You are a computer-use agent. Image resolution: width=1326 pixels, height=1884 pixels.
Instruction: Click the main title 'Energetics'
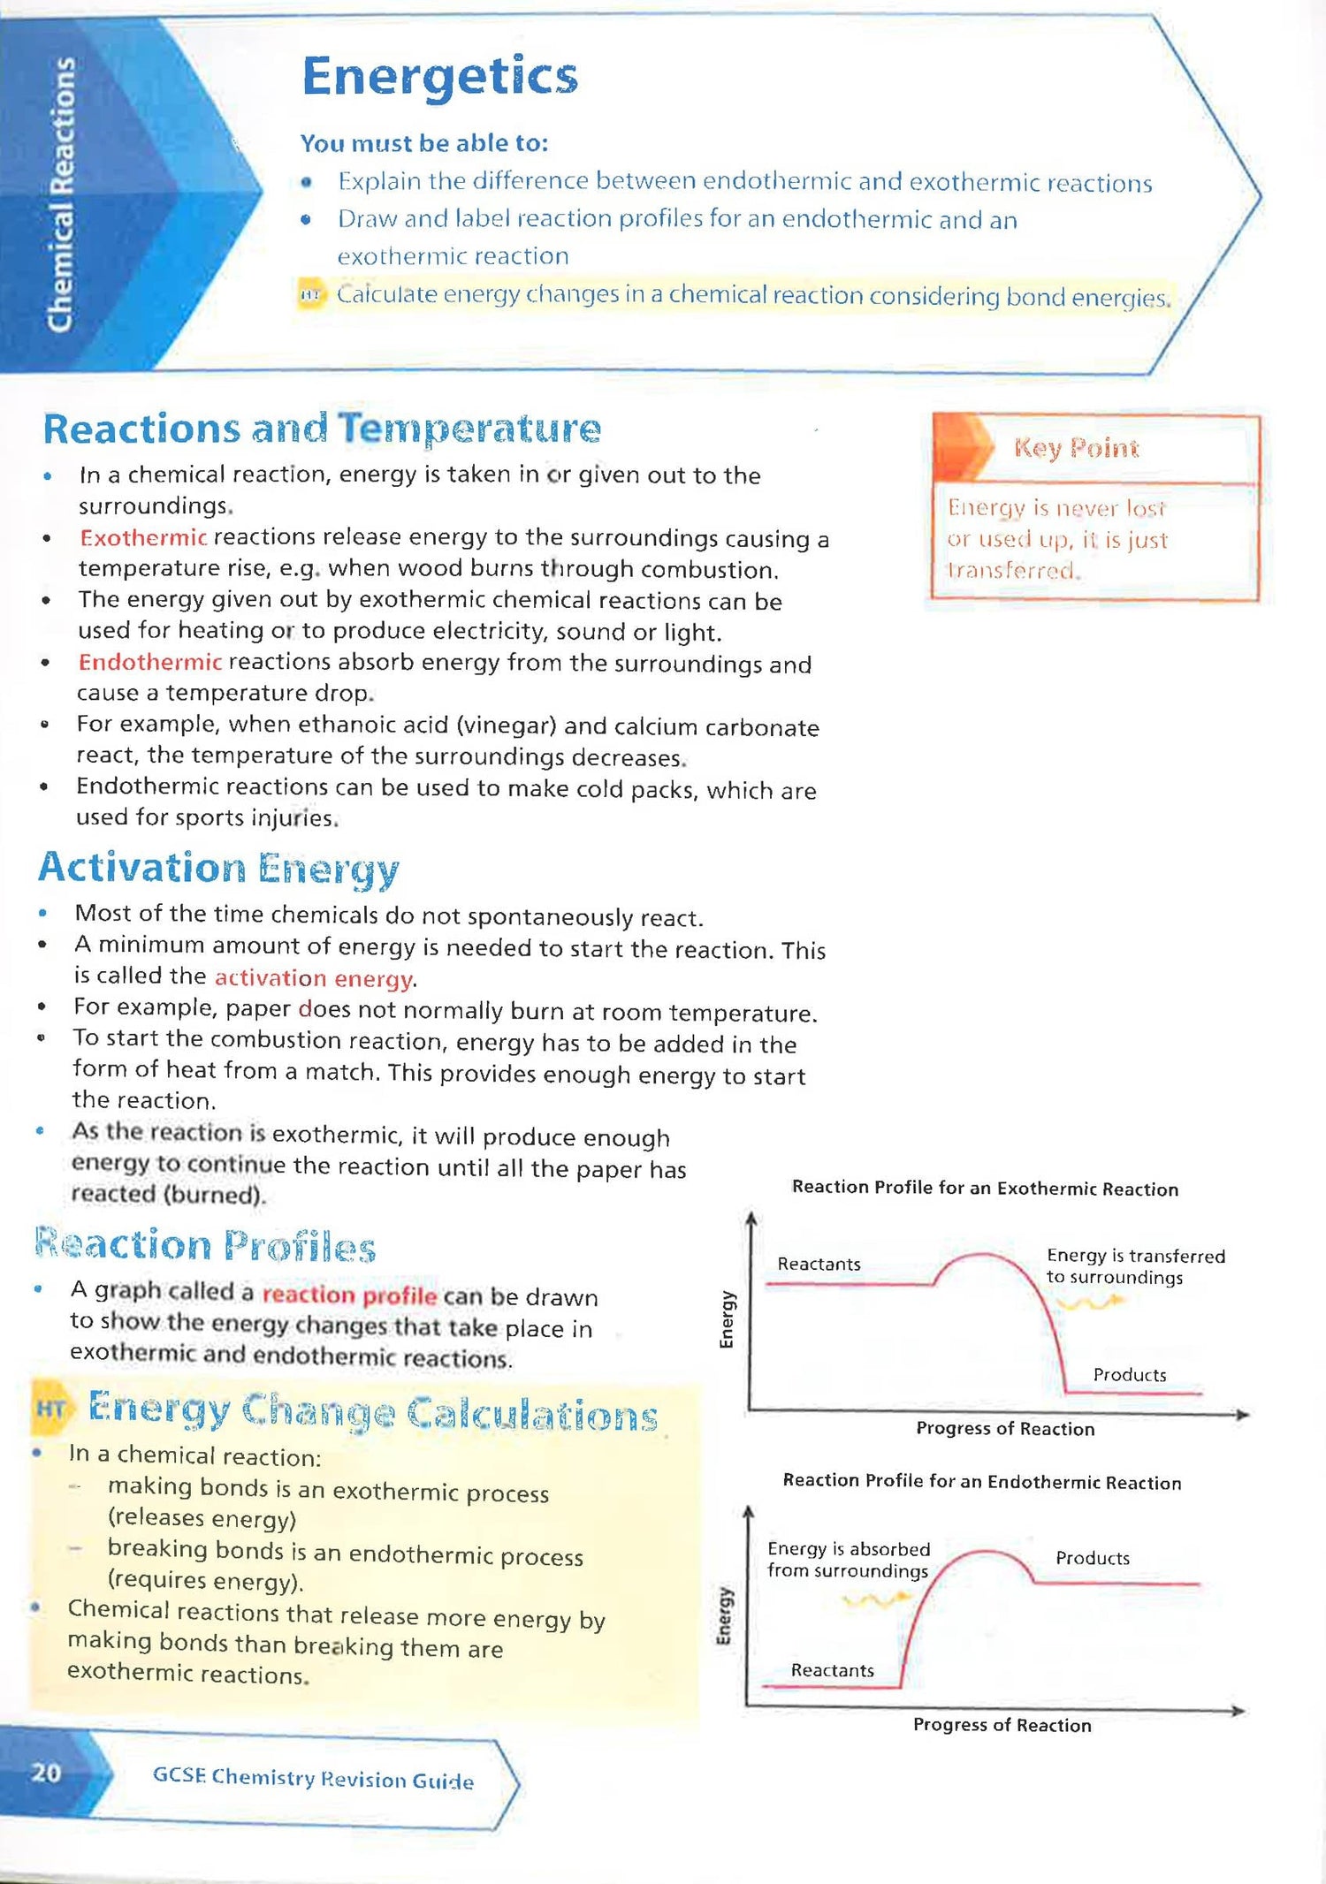tap(439, 77)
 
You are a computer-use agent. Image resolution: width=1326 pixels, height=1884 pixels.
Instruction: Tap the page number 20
tap(46, 1773)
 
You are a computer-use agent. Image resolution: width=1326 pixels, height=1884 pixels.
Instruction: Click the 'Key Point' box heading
tap(1076, 448)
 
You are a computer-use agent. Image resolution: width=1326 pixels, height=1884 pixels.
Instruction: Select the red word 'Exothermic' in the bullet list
tap(143, 537)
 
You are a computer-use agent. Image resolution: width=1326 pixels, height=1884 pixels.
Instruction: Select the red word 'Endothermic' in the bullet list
tap(149, 662)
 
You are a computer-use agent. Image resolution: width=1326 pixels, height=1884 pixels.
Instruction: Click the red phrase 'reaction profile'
tap(349, 1295)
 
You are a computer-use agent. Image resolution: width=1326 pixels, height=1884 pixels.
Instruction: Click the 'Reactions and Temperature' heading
tap(322, 429)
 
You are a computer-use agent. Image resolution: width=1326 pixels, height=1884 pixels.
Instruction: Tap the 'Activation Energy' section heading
tap(218, 868)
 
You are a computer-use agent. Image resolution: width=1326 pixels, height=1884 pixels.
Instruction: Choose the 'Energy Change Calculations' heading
tap(372, 1412)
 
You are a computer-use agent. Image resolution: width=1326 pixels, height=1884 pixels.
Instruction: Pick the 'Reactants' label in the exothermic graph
tap(819, 1264)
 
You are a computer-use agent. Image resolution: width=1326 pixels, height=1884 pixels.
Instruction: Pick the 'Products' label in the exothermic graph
tap(1129, 1375)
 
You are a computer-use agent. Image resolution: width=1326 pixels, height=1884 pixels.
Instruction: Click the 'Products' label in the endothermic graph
tap(1092, 1558)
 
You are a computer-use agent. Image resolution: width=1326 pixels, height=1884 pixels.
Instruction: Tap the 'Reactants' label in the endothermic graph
tap(832, 1670)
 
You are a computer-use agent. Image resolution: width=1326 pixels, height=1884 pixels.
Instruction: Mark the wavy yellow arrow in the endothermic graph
tap(875, 1598)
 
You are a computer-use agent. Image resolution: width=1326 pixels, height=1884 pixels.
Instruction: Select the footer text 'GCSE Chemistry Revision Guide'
tap(313, 1778)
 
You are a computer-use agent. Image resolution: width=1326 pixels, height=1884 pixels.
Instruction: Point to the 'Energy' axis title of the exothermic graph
tap(727, 1319)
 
